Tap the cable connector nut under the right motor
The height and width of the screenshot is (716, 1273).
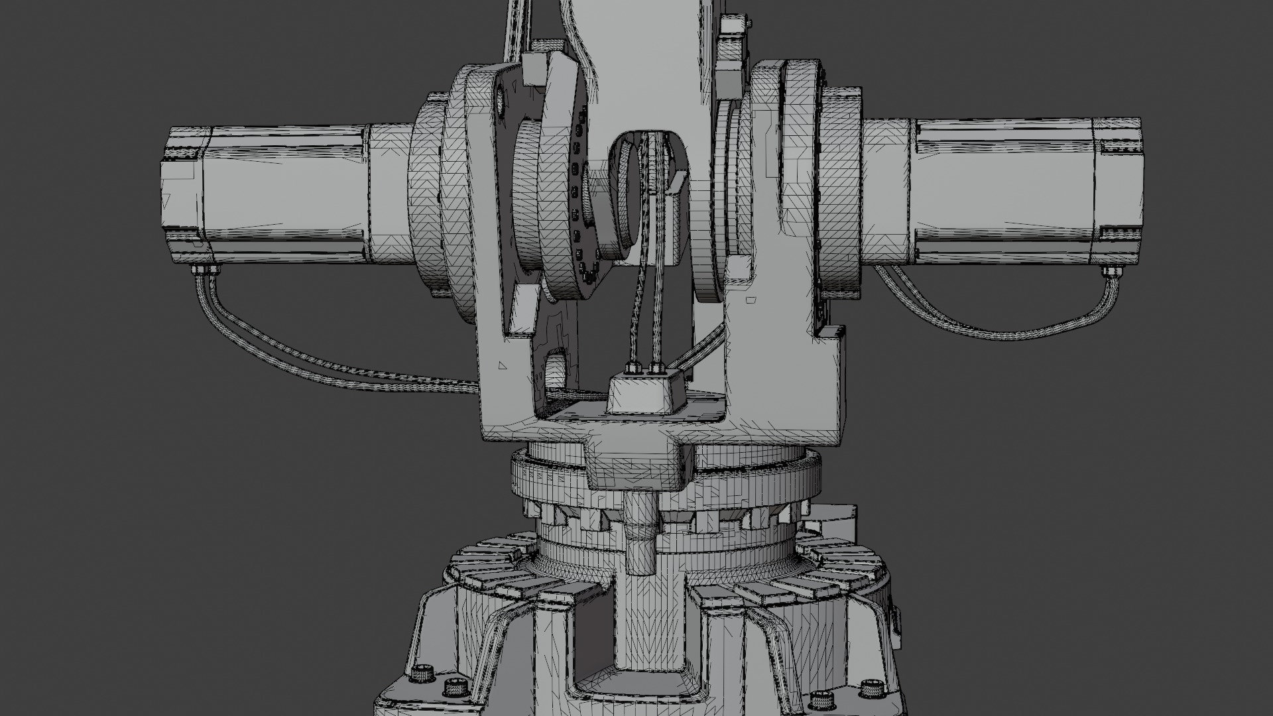(1111, 271)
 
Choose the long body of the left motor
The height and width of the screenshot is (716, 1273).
(285, 192)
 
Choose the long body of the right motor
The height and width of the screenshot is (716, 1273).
(1001, 192)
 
